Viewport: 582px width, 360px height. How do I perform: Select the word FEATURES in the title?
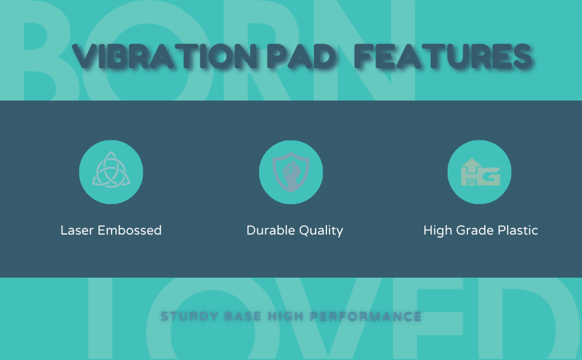tap(443, 57)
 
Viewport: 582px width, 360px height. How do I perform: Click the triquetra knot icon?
tap(111, 172)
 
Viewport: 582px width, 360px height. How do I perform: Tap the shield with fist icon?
tap(291, 172)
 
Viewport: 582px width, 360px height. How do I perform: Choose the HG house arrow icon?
tap(479, 172)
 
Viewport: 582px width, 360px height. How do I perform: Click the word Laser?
tap(77, 230)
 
